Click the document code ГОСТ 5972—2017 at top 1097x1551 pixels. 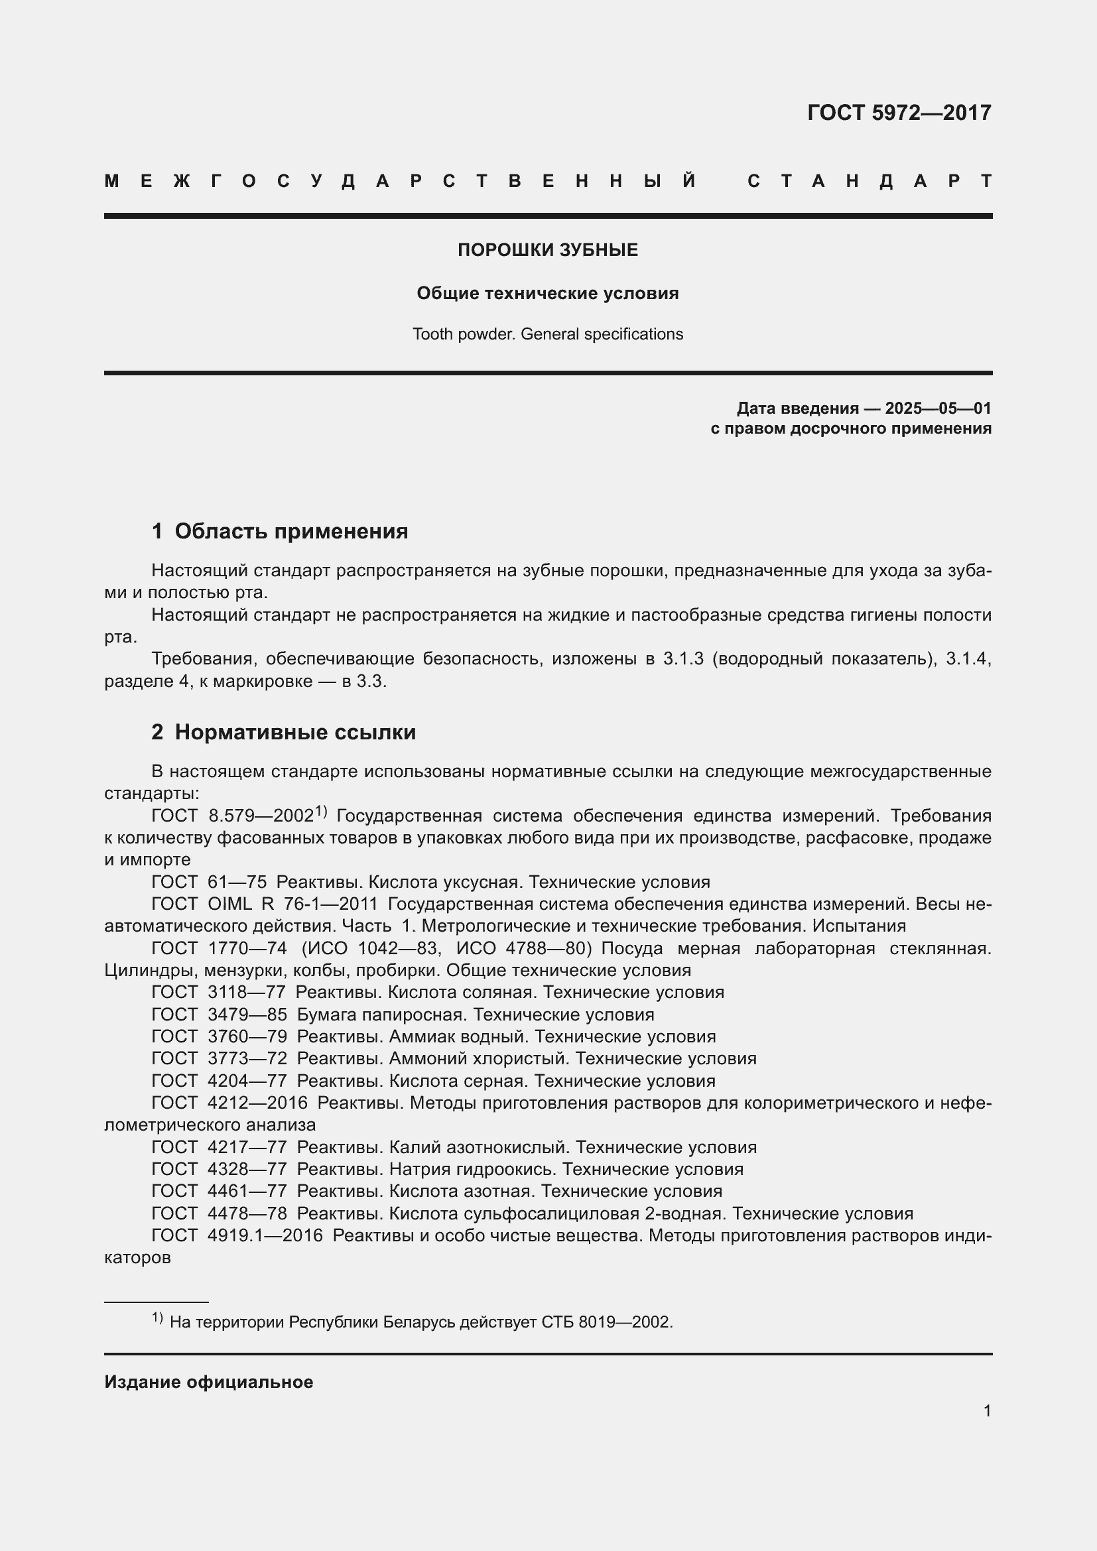pyautogui.click(x=899, y=112)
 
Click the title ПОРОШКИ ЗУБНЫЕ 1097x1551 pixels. pyautogui.click(x=548, y=250)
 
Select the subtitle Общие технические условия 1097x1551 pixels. pyautogui.click(x=548, y=293)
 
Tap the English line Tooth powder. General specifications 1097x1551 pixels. pyautogui.click(x=548, y=334)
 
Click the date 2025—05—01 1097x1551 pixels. pyautogui.click(x=938, y=408)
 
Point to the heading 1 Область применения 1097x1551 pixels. pyautogui.click(x=280, y=532)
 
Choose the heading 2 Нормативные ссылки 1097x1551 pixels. pyautogui.click(x=284, y=732)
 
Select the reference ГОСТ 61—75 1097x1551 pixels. pyautogui.click(x=209, y=882)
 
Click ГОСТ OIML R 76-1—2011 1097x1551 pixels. pyautogui.click(x=264, y=904)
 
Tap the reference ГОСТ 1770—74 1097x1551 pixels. pyautogui.click(x=219, y=948)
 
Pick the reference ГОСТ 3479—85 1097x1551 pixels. pyautogui.click(x=219, y=1015)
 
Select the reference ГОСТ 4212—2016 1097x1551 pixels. pyautogui.click(x=229, y=1103)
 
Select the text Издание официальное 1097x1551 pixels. pyautogui.click(x=209, y=1382)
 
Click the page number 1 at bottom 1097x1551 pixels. pyautogui.click(x=987, y=1411)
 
